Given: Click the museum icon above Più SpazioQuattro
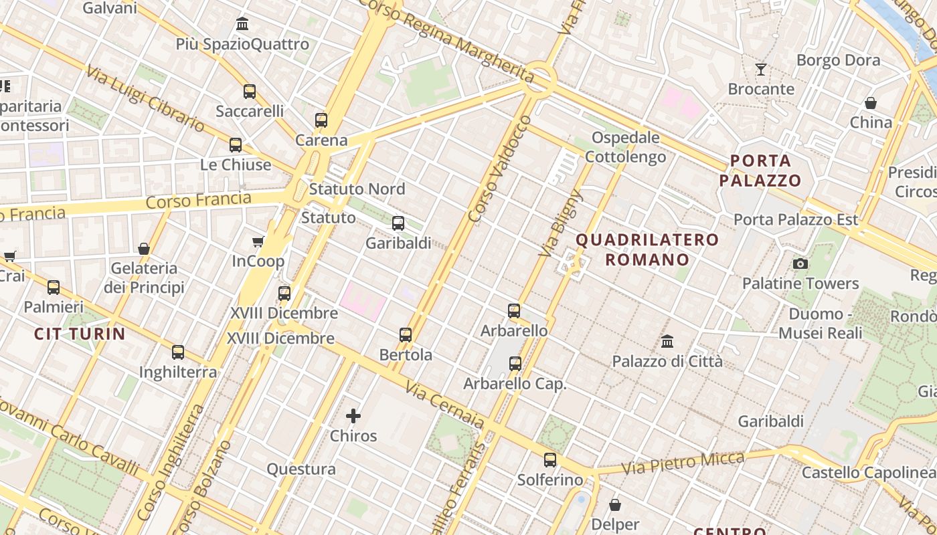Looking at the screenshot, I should [242, 24].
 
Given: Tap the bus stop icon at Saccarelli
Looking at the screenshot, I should [250, 92].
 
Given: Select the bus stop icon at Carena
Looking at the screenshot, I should [321, 120].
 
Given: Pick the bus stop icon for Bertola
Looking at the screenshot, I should [406, 335].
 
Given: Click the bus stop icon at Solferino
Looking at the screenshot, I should [550, 460].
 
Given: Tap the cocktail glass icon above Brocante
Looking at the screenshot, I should [761, 69].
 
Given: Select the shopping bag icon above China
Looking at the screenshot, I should [871, 103].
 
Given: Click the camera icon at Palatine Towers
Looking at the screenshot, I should [800, 263].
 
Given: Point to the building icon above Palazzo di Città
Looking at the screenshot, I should [667, 342].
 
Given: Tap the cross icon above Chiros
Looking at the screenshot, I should [353, 416].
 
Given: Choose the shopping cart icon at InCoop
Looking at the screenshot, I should [258, 241].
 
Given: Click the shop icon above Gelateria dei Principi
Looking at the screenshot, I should [144, 249].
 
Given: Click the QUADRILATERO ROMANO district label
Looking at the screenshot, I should [647, 249].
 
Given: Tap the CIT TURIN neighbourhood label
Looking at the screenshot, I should [80, 334].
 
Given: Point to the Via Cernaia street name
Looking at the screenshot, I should [444, 405].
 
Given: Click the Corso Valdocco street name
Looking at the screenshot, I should [500, 169].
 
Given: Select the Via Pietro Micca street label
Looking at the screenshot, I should [683, 463].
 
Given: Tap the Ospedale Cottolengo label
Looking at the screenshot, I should [626, 147].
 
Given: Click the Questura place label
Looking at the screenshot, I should [301, 469].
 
